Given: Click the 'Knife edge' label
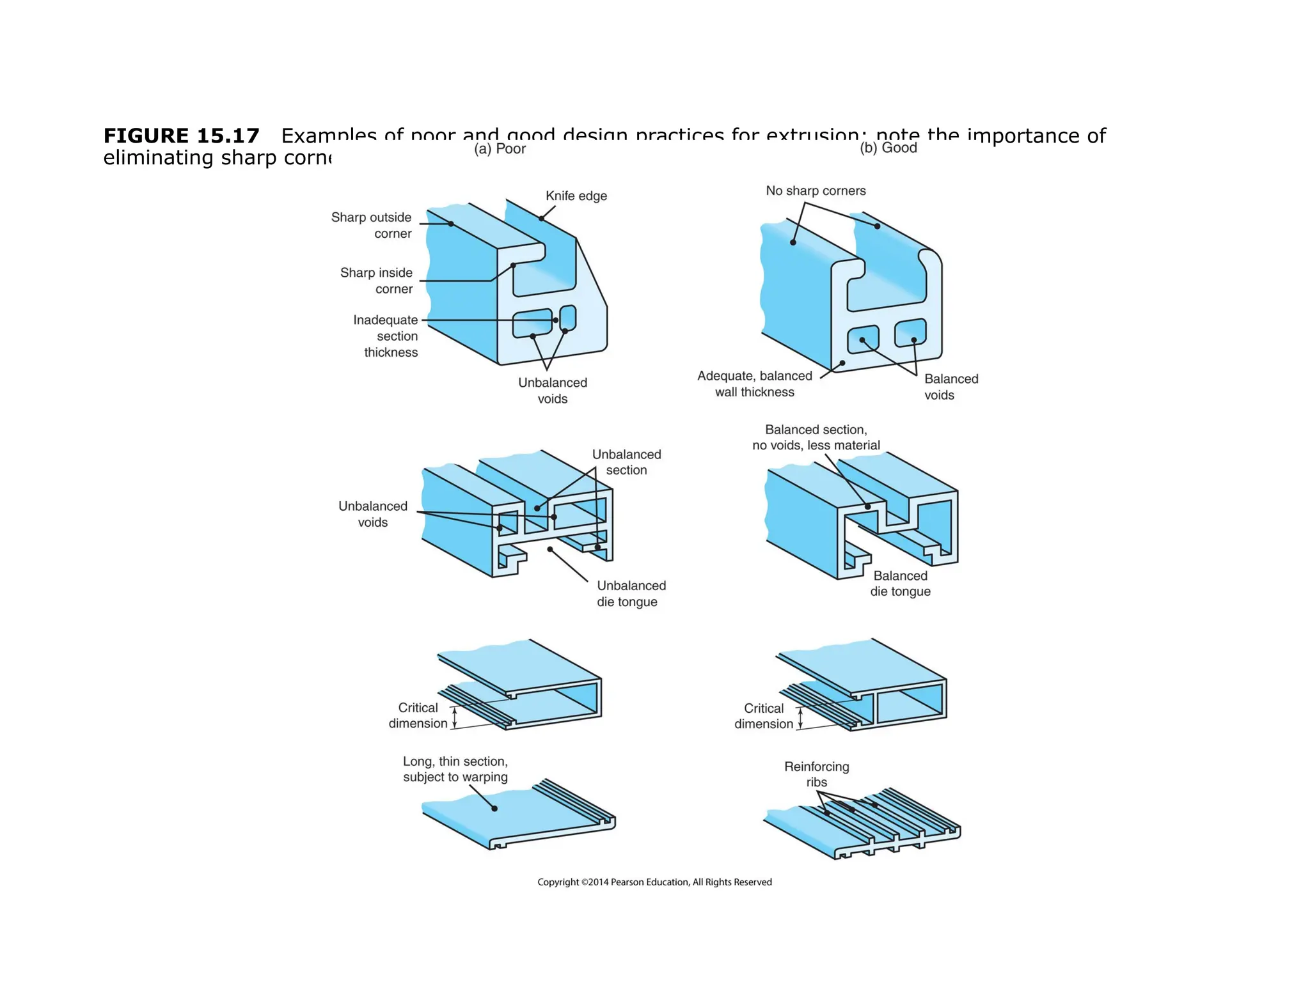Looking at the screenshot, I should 576,196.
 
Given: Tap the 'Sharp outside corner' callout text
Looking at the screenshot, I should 371,225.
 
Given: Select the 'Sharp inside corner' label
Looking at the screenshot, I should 376,281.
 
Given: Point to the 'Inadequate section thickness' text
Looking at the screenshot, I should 386,336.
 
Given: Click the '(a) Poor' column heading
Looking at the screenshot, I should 500,149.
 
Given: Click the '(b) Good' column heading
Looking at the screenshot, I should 888,148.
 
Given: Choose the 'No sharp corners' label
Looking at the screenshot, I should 816,191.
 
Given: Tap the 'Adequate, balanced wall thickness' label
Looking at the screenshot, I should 755,384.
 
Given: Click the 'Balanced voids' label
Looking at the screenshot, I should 951,387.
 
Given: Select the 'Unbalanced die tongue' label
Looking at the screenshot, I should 631,593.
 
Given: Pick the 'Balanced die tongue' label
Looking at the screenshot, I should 900,584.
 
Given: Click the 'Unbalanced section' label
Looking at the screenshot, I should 626,462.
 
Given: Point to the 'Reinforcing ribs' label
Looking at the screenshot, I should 816,774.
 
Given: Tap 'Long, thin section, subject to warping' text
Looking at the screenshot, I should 455,769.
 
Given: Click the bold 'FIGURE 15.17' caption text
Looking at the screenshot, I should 182,136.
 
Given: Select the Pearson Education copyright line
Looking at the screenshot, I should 654,882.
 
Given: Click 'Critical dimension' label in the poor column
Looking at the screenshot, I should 418,715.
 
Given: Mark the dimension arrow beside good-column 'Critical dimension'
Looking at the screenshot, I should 800,718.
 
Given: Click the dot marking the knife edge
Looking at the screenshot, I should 541,219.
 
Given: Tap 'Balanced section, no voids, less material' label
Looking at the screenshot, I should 816,437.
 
